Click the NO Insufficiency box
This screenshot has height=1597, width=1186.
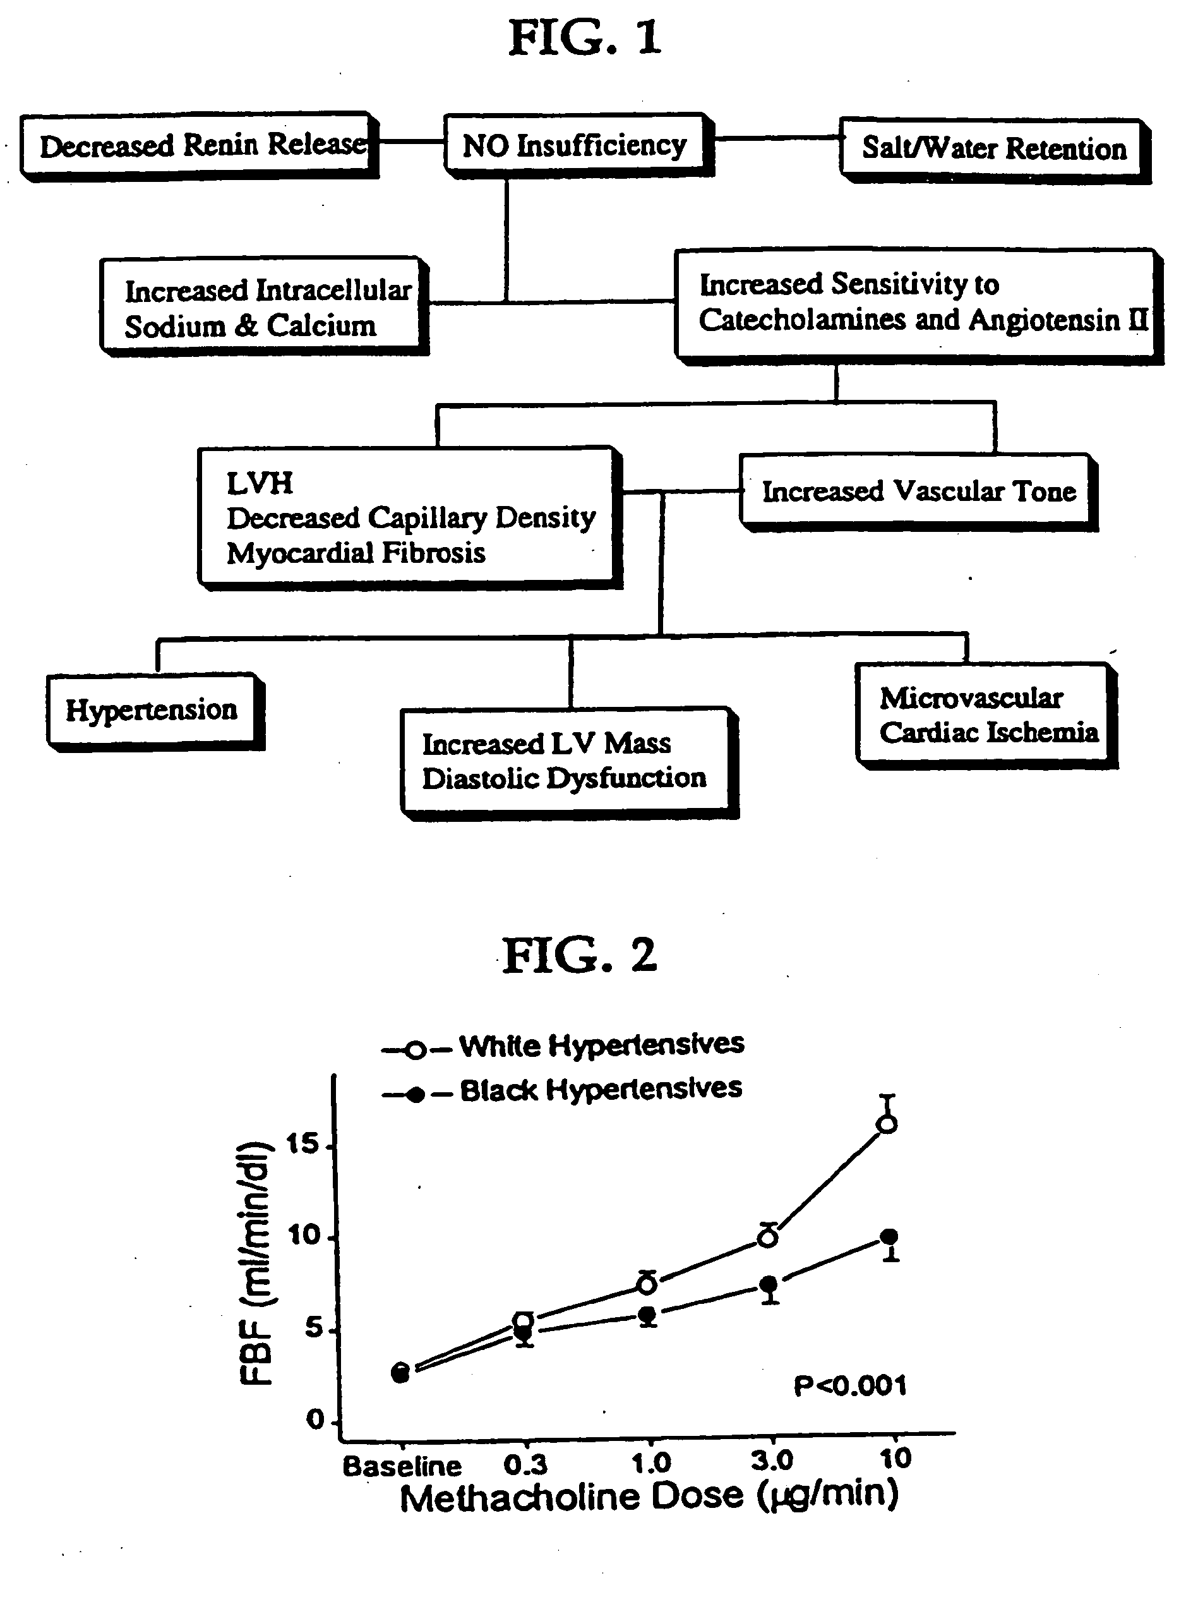point(578,144)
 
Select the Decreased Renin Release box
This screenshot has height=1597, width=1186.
point(200,145)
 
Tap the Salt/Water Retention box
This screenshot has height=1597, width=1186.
point(995,150)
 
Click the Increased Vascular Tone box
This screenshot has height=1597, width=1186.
point(918,493)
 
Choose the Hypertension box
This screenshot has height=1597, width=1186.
point(156,711)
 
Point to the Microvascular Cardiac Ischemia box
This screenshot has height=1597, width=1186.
point(987,716)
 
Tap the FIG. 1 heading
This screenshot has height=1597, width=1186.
point(584,37)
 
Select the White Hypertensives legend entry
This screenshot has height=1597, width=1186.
point(563,1045)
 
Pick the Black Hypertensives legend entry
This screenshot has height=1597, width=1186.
point(562,1090)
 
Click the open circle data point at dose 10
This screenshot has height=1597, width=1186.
point(887,1124)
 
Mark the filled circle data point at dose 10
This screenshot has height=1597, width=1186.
point(889,1236)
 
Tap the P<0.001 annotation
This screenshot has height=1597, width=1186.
point(850,1385)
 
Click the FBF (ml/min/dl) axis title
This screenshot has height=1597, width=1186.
point(256,1262)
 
